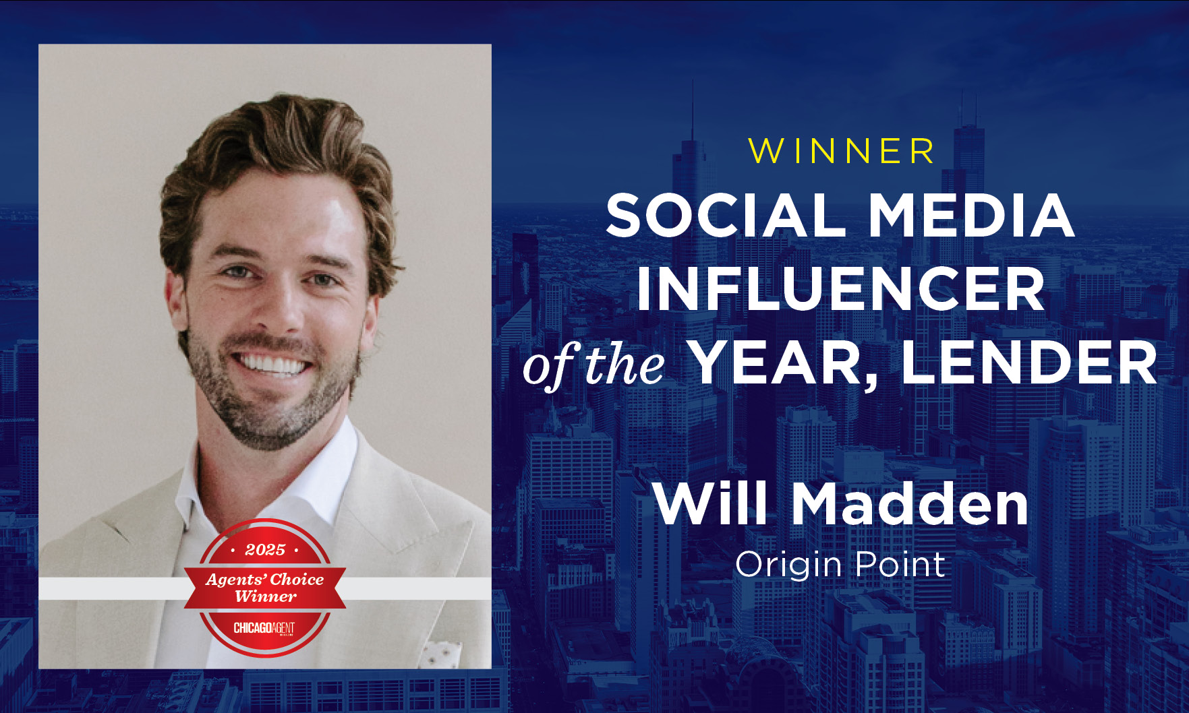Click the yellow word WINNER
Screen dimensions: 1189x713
(x=841, y=151)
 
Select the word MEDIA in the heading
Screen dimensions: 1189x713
(x=971, y=215)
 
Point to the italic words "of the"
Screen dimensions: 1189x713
(x=593, y=366)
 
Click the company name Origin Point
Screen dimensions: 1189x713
(x=840, y=565)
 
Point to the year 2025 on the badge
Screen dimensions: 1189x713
(x=265, y=550)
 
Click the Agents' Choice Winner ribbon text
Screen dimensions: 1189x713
(x=265, y=588)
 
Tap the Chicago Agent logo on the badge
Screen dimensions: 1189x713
(x=264, y=628)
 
